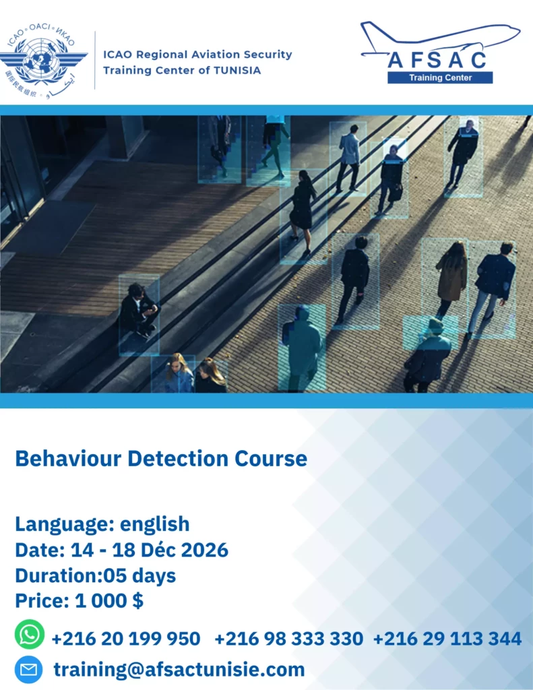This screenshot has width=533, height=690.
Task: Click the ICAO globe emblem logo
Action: tap(43, 60)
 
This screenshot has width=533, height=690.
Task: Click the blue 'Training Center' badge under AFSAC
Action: tap(440, 78)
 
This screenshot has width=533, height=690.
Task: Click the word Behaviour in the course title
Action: tap(68, 458)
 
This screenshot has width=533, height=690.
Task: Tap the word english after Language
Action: tap(154, 524)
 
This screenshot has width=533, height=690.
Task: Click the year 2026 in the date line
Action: tap(205, 550)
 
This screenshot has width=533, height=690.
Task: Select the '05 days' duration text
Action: tap(139, 576)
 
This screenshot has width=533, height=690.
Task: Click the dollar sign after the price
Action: tap(137, 600)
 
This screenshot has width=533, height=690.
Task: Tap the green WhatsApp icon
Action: tap(30, 634)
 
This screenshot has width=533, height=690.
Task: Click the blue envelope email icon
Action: tap(28, 669)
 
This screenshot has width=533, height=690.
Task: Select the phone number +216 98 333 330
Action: tap(288, 639)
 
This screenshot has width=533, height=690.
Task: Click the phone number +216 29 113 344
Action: tap(447, 639)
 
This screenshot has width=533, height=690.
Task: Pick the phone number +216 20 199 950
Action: tap(126, 639)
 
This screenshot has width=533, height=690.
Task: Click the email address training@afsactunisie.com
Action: tap(179, 670)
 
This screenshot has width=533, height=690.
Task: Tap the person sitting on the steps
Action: tap(139, 311)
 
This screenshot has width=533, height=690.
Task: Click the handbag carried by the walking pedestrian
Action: tap(396, 193)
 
